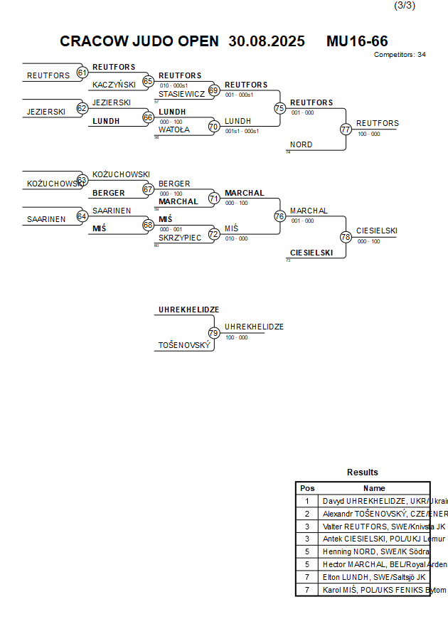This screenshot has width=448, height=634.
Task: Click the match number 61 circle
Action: point(82,72)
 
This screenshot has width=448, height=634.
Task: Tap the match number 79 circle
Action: point(213,332)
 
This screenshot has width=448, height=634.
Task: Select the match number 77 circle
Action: point(346,130)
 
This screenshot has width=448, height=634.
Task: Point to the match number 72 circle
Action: point(213,233)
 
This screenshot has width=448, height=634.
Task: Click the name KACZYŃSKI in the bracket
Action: point(114,85)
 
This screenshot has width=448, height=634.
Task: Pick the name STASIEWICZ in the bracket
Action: point(181,94)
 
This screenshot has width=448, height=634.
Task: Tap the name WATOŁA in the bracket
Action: point(174,130)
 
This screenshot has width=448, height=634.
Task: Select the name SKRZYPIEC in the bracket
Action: point(181,238)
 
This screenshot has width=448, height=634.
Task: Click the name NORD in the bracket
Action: point(301,145)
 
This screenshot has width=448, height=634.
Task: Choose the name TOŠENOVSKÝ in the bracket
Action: point(184,346)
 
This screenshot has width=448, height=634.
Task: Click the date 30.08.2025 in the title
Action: point(267,41)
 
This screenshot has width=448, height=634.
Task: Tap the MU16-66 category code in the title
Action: point(357,41)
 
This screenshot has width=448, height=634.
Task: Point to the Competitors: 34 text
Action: point(400,55)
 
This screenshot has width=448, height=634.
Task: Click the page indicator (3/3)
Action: point(404,6)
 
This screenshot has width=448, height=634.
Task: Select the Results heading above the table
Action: point(363,472)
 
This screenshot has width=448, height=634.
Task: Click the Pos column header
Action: point(307,488)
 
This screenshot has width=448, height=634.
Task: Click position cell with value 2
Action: point(307,514)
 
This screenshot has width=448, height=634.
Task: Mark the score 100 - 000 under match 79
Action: point(237,338)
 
